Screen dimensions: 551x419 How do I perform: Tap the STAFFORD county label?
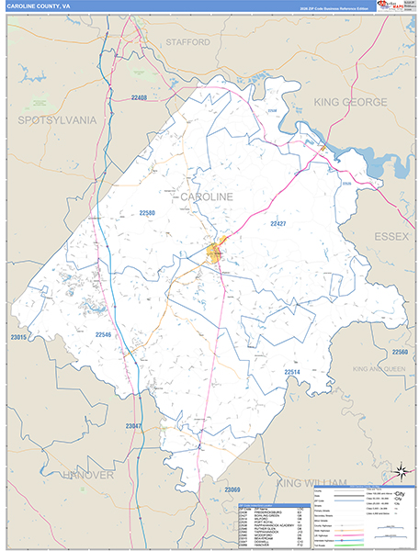(x=188, y=42)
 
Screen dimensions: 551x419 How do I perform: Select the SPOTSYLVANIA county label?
(x=57, y=119)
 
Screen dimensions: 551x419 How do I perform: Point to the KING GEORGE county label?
(x=353, y=103)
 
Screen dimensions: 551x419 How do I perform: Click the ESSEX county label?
(x=391, y=237)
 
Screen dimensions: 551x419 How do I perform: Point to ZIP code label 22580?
(x=147, y=213)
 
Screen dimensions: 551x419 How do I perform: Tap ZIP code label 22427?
(x=278, y=223)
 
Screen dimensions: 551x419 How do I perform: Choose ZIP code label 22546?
(x=103, y=336)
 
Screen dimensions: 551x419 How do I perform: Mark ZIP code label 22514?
(x=292, y=372)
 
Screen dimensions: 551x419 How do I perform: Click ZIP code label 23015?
(x=18, y=338)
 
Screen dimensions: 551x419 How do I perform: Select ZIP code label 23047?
(x=135, y=426)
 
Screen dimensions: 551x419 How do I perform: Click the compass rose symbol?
(x=401, y=472)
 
